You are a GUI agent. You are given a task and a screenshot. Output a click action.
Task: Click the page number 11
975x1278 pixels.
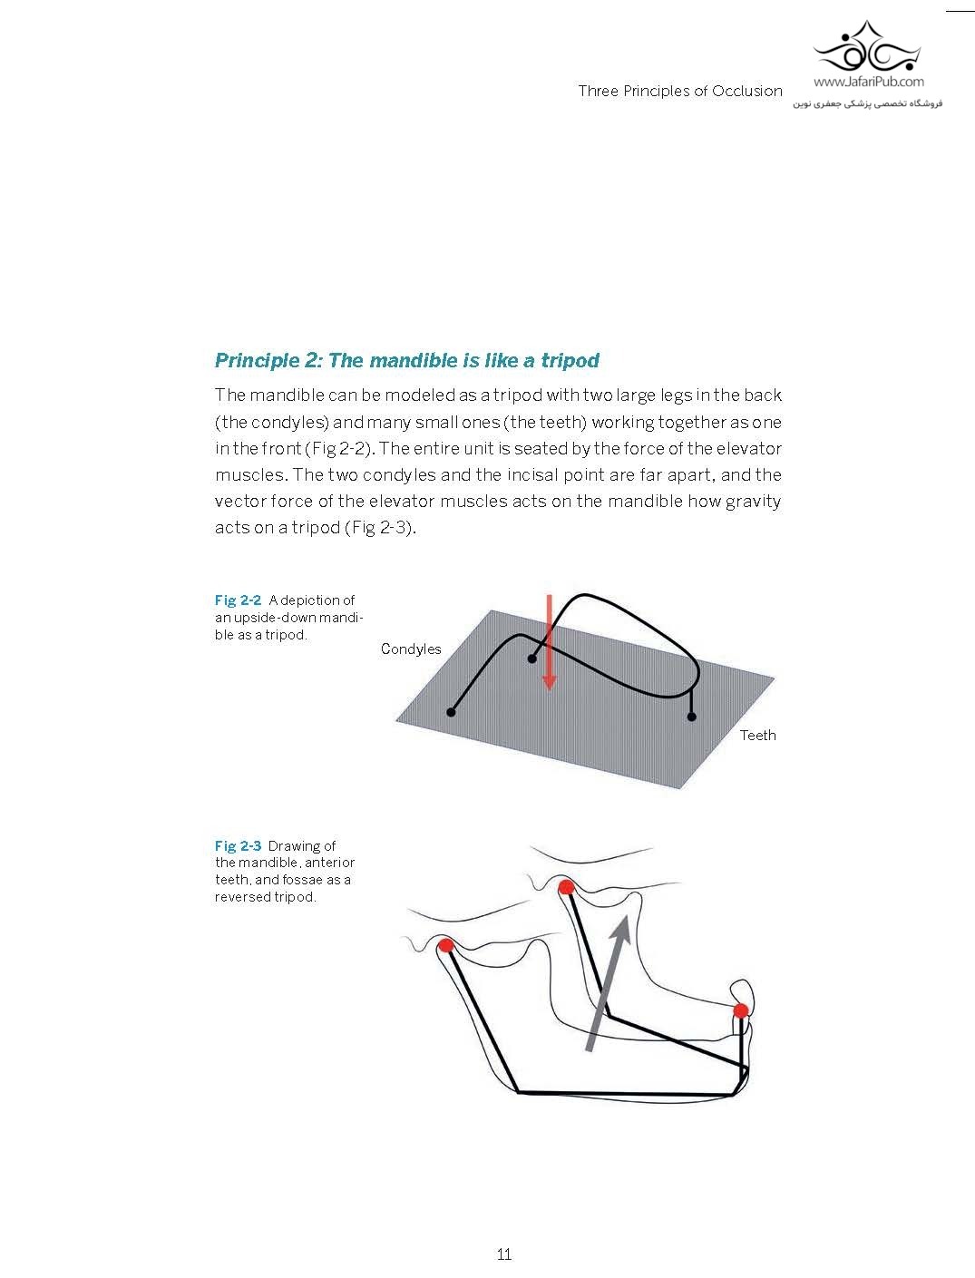point(504,1254)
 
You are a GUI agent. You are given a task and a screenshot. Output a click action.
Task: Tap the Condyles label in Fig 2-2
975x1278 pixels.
point(411,649)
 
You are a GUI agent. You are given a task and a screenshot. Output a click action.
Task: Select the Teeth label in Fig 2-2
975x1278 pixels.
point(757,736)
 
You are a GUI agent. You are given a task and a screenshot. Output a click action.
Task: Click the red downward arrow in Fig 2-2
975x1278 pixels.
point(549,644)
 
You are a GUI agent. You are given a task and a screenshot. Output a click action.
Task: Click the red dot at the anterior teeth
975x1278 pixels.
point(741,1010)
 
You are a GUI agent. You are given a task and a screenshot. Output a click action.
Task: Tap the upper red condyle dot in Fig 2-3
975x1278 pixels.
point(566,887)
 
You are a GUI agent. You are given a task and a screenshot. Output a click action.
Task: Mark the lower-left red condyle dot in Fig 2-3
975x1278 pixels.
point(445,945)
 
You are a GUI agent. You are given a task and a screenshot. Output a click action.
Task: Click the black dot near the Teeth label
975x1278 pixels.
point(692,717)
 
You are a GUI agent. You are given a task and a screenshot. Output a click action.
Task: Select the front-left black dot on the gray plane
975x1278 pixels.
point(451,713)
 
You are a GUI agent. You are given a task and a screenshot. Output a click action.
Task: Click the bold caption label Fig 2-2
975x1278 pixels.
point(238,600)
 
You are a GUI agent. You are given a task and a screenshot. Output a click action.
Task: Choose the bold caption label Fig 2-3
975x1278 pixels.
point(238,846)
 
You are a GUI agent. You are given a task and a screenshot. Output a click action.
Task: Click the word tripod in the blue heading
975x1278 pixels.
point(570,361)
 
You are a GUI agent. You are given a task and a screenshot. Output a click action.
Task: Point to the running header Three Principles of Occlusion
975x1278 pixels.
point(679,91)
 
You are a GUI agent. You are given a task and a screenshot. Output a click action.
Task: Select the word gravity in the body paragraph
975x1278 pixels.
point(753,502)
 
